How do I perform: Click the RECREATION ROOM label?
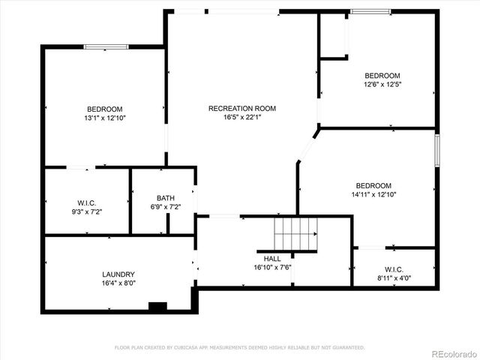tap(241, 109)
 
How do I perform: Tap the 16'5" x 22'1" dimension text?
tap(241, 118)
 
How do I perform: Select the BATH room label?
tap(165, 198)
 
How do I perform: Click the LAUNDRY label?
tap(118, 274)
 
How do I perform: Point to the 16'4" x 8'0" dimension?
tap(118, 283)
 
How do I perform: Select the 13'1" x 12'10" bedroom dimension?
tap(104, 118)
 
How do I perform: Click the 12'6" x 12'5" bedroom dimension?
tap(382, 85)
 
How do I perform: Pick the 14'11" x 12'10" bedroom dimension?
tap(373, 195)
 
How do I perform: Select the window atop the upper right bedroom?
tap(370, 12)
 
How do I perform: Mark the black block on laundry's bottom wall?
tap(157, 306)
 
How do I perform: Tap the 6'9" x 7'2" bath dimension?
tap(165, 207)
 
